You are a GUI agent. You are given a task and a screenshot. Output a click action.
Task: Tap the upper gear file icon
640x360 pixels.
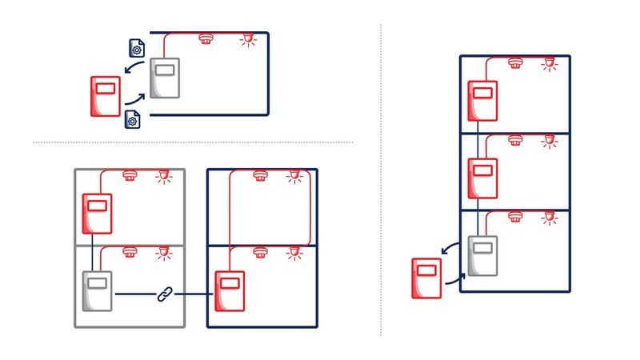[x=136, y=47]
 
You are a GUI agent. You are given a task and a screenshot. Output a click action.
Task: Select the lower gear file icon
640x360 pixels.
[x=134, y=120]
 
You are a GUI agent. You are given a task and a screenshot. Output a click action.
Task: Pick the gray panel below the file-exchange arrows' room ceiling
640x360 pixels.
[x=166, y=78]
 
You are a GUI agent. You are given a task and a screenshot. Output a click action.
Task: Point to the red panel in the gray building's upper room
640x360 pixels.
[x=98, y=213]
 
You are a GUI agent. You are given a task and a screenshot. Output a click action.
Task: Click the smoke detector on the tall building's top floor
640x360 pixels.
[x=516, y=62]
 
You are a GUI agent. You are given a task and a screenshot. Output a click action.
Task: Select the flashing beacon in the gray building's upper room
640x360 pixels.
[x=164, y=175]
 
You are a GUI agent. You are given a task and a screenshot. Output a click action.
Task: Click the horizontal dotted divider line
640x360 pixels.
[x=192, y=142]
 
